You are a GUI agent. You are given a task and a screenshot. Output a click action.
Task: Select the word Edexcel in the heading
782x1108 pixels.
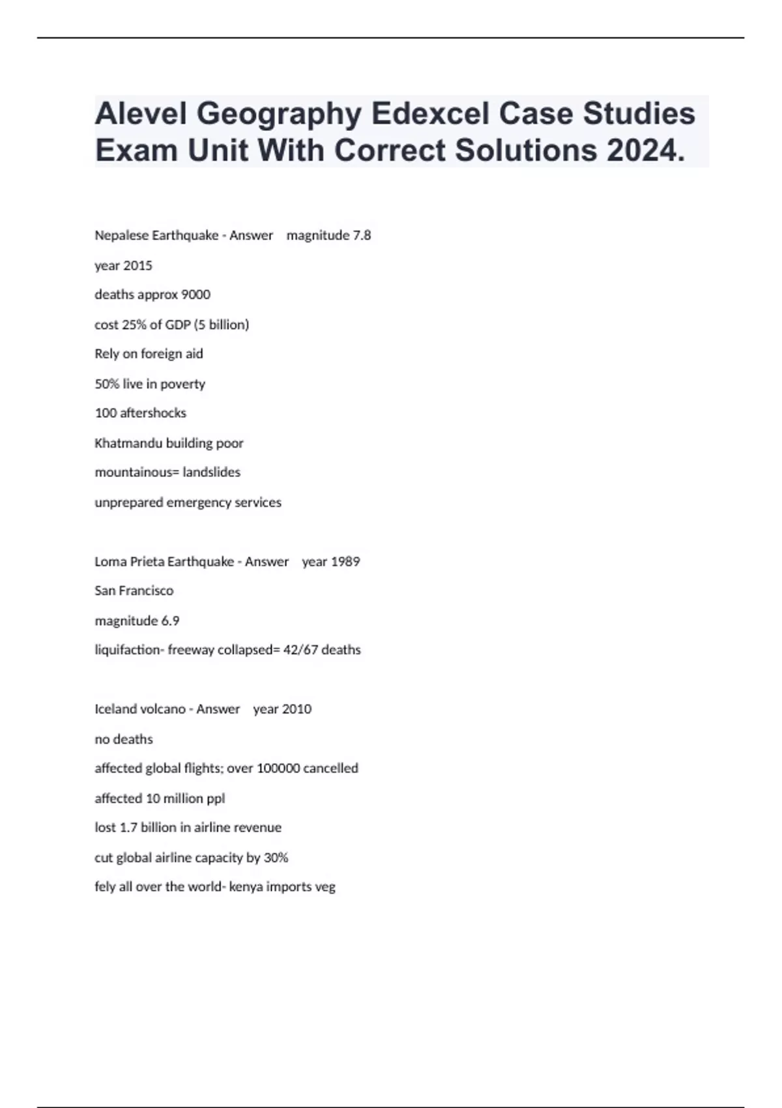pyautogui.click(x=430, y=113)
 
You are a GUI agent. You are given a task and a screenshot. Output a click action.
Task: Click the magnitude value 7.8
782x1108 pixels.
pyautogui.click(x=361, y=235)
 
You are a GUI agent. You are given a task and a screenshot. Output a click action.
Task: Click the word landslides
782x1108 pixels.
pyautogui.click(x=211, y=473)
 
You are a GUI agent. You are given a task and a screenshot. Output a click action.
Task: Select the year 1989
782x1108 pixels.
pyautogui.click(x=345, y=562)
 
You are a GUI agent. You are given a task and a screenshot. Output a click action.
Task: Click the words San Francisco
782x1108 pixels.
pyautogui.click(x=134, y=591)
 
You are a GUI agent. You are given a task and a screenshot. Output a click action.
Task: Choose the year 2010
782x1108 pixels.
pyautogui.click(x=297, y=709)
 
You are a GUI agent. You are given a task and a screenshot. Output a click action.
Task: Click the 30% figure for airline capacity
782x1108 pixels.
pyautogui.click(x=276, y=858)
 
